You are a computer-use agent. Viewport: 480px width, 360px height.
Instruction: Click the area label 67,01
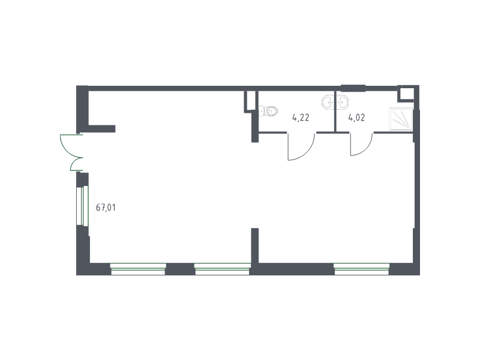coord(106,208)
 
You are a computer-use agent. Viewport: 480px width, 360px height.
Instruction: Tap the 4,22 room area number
coord(301,118)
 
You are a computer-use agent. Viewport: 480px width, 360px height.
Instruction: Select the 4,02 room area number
coord(356,118)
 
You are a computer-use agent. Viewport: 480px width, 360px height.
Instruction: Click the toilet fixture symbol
coord(268,111)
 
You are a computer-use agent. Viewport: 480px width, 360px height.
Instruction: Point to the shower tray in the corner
coord(401,119)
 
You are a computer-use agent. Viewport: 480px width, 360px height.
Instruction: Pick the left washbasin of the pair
coord(328,102)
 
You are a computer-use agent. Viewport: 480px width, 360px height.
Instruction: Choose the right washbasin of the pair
coord(342,102)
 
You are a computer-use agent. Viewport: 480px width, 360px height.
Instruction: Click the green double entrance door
coord(71,152)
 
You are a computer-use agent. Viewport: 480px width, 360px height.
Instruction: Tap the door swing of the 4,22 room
coord(301,146)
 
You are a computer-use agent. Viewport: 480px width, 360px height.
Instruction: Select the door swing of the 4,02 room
coord(362,144)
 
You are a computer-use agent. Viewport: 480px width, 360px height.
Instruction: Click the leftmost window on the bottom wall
coord(138,269)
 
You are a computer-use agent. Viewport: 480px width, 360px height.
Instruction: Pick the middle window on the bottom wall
coord(222,269)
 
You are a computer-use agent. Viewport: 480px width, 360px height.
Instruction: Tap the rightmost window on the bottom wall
coord(362,269)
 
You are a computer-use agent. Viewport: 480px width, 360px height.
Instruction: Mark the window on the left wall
coord(82,206)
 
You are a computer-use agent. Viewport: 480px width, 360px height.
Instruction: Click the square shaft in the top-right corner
coord(406,94)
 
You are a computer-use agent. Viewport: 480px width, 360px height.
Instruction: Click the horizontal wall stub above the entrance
coord(101,128)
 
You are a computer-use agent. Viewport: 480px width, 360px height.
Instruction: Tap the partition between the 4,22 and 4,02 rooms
coord(335,112)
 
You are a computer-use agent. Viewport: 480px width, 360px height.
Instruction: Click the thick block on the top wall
coord(353,88)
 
